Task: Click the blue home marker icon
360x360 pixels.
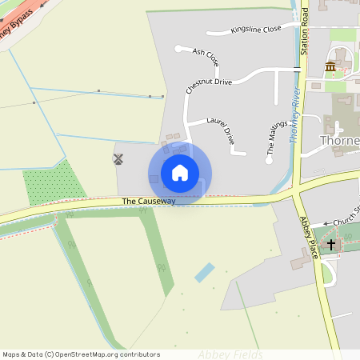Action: pos(180,173)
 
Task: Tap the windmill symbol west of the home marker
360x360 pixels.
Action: pos(118,159)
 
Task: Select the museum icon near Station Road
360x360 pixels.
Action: pos(330,66)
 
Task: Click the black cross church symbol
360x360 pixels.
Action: pos(331,243)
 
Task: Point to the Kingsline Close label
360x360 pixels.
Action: pos(256,29)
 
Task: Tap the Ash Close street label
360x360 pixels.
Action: pos(206,55)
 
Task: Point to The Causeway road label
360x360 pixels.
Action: pos(149,201)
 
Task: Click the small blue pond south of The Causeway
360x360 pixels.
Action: pos(205,272)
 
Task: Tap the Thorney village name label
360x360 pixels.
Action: pos(339,140)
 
